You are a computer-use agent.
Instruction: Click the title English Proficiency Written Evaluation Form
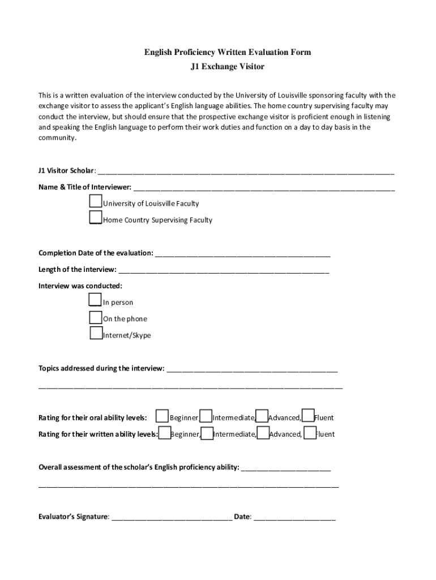pyautogui.click(x=227, y=52)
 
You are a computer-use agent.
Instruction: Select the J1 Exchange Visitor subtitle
pyautogui.click(x=227, y=67)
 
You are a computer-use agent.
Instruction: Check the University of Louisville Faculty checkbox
pyautogui.click(x=96, y=202)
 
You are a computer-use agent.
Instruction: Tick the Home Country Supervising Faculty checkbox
pyautogui.click(x=96, y=217)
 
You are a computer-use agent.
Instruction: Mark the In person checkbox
pyautogui.click(x=96, y=300)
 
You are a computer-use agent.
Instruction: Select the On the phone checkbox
pyautogui.click(x=96, y=317)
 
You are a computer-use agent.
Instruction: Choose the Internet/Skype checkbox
pyautogui.click(x=96, y=334)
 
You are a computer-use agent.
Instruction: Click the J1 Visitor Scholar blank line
pyautogui.click(x=246, y=172)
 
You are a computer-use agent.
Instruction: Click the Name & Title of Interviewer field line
pyautogui.click(x=264, y=188)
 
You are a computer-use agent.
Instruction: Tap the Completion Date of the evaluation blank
pyautogui.click(x=242, y=254)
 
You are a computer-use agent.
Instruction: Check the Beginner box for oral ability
pyautogui.click(x=162, y=416)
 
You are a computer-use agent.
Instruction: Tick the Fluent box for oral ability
pyautogui.click(x=308, y=416)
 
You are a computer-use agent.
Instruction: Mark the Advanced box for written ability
pyautogui.click(x=263, y=433)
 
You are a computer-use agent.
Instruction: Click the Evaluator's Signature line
pyautogui.click(x=172, y=517)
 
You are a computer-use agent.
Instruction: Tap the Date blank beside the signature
pyautogui.click(x=294, y=517)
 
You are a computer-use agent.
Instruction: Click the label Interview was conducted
pyautogui.click(x=80, y=285)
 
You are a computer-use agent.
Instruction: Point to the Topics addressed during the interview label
pyautogui.click(x=101, y=368)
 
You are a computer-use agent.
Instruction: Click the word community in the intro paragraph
pyautogui.click(x=57, y=138)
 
